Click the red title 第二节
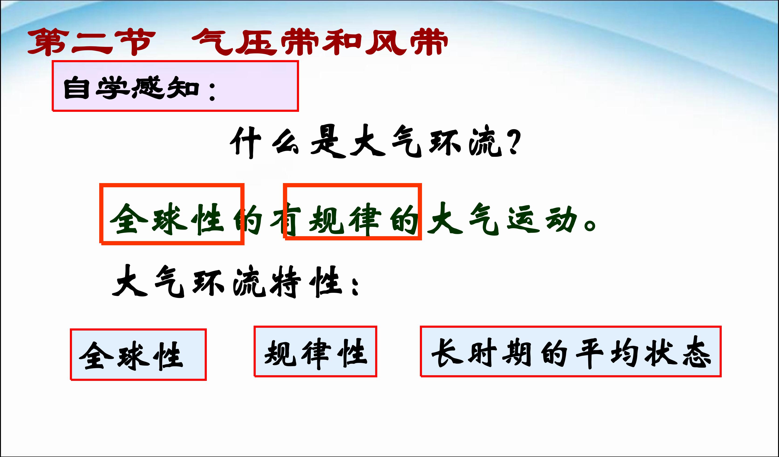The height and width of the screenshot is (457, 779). click(92, 42)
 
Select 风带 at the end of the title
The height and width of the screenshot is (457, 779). click(407, 42)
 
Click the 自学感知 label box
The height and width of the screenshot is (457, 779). click(175, 86)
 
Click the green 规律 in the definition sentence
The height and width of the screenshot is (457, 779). click(345, 220)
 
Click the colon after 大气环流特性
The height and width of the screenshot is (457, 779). click(355, 286)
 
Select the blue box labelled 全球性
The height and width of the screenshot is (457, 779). click(138, 355)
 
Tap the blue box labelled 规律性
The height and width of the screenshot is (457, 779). click(315, 351)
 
